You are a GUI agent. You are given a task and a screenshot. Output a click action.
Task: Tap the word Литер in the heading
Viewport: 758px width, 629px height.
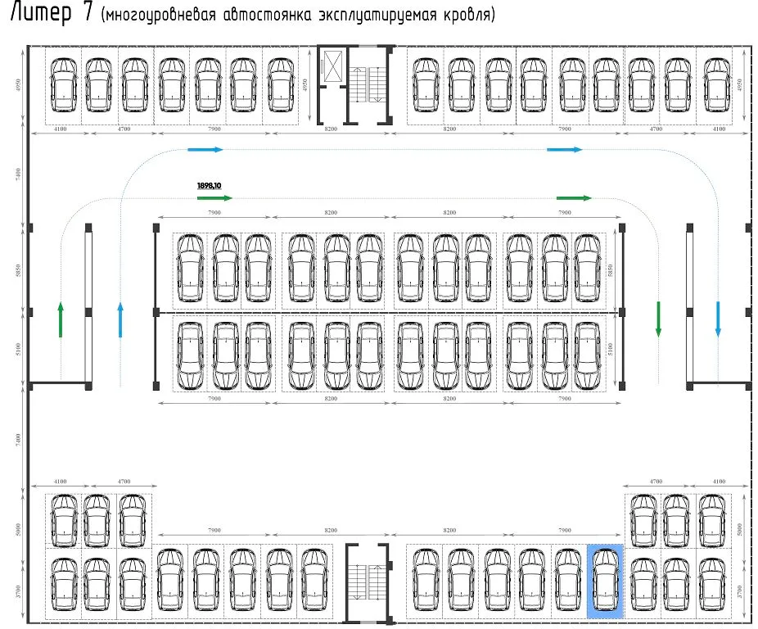(x=40, y=16)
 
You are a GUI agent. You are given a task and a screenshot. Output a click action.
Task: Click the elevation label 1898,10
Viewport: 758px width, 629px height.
(x=210, y=186)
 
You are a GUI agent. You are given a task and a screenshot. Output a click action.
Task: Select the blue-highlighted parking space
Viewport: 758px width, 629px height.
(x=605, y=580)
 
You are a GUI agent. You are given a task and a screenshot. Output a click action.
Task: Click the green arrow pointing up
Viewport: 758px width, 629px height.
(x=61, y=319)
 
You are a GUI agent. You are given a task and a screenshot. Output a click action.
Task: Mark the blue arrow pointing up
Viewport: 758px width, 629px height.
(x=120, y=319)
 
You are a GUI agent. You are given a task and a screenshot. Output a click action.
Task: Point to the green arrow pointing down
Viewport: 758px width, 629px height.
(x=657, y=319)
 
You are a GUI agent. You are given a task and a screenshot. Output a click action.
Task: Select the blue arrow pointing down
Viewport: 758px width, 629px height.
(x=717, y=319)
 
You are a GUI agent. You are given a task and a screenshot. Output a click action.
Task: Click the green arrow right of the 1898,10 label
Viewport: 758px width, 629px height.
(x=215, y=198)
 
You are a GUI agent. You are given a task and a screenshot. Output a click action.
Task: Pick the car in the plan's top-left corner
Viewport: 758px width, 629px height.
(x=62, y=85)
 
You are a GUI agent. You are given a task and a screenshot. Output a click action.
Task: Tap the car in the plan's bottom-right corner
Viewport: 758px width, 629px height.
(x=712, y=583)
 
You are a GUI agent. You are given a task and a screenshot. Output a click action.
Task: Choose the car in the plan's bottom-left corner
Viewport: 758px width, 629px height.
(x=62, y=583)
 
